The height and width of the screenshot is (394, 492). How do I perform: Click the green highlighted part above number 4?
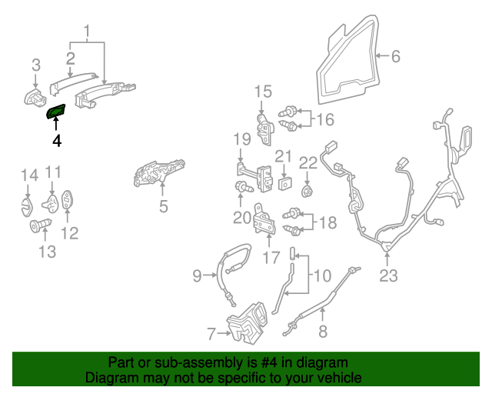58,113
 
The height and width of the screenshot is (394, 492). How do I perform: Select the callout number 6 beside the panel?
395,56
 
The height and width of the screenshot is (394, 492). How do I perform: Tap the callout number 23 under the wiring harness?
389,275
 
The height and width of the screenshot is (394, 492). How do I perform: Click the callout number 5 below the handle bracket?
163,206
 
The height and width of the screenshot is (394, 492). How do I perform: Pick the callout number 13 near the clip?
47,252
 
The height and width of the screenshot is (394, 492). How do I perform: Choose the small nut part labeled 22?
307,190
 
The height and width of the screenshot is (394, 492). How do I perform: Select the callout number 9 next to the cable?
197,274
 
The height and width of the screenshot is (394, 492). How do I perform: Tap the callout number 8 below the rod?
322,332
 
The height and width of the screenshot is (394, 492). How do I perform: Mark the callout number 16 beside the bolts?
325,119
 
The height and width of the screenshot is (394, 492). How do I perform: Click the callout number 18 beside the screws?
327,223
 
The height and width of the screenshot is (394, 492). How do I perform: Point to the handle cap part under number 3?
35,98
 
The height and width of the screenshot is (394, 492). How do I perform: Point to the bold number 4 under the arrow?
56,141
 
